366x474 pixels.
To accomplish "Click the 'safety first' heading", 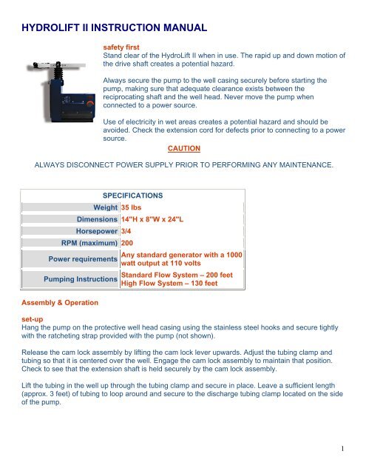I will coord(122,46).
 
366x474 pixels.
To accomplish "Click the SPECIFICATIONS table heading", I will coord(132,196).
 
